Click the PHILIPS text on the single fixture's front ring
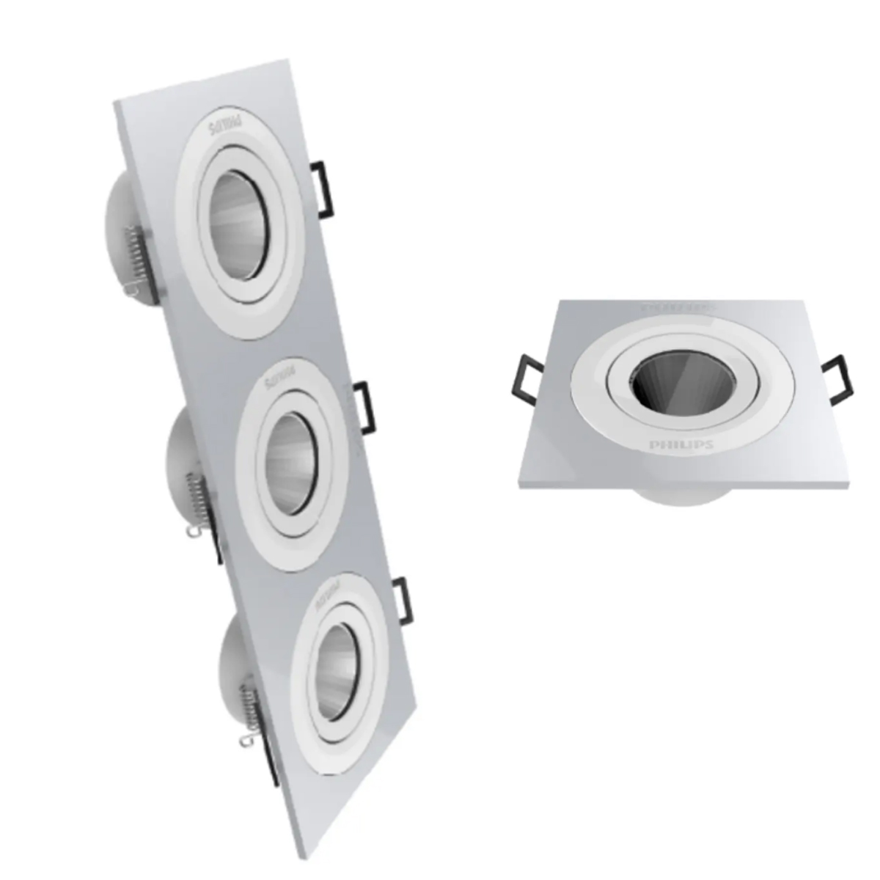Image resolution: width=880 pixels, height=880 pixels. click(681, 445)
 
